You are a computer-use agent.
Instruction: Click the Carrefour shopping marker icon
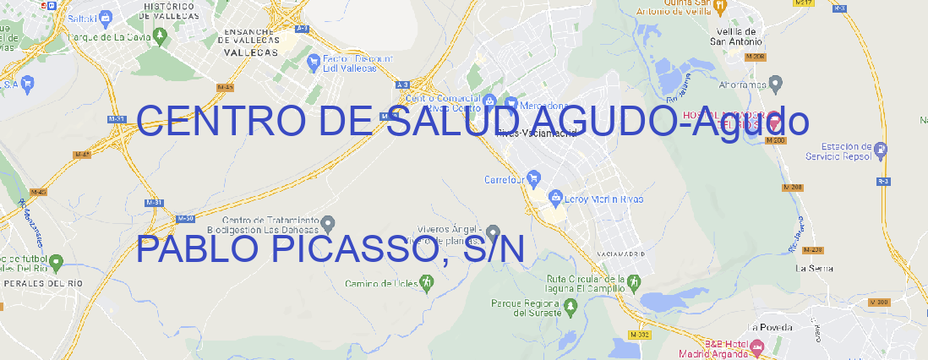pos(534,179)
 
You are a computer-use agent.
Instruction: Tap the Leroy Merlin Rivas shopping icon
pos(555,199)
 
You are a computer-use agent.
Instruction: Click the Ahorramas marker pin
pos(776,84)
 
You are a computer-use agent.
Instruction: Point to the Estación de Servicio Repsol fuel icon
pos(882,151)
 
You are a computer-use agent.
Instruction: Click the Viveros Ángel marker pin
pos(494,232)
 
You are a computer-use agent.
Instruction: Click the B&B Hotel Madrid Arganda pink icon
pos(757,346)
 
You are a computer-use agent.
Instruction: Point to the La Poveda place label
pos(771,327)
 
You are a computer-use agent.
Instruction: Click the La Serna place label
pos(815,268)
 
